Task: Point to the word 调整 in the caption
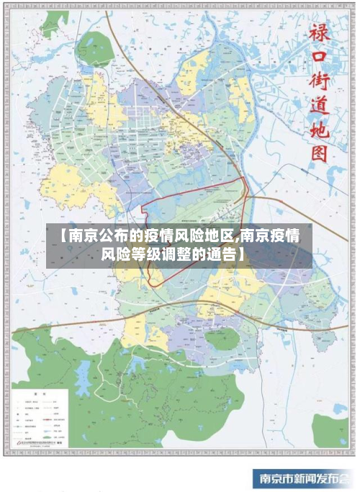click(x=184, y=254)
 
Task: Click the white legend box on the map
click(x=40, y=417)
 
